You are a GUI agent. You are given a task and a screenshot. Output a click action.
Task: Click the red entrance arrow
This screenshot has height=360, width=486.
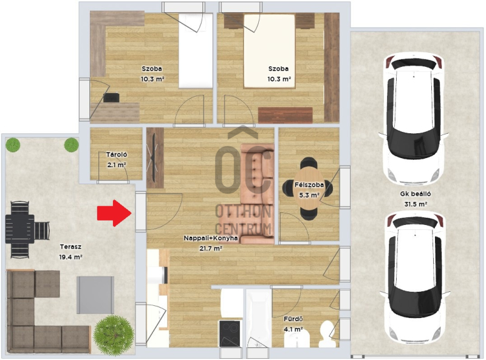click(115, 213)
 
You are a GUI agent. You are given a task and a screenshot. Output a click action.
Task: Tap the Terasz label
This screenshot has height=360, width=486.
click(70, 247)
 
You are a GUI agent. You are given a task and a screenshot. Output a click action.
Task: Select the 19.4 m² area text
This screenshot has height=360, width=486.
click(70, 257)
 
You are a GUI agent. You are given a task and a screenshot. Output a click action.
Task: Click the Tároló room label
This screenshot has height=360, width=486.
click(117, 154)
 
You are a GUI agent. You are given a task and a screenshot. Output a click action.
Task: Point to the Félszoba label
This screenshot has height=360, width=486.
click(309, 185)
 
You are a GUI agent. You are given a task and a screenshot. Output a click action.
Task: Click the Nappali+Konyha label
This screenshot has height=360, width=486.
click(211, 238)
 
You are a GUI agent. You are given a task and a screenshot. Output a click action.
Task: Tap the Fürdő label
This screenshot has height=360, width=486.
click(293, 319)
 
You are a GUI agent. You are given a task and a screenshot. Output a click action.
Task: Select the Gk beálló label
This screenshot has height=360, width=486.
click(416, 194)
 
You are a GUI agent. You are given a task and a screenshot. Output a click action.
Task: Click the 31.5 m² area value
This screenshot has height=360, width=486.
click(416, 204)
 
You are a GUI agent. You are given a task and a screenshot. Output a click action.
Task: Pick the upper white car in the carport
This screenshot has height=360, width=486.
click(414, 119)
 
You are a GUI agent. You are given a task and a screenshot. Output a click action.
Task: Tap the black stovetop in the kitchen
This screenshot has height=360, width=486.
click(230, 333)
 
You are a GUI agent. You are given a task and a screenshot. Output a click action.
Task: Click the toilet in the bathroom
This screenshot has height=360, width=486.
click(327, 334)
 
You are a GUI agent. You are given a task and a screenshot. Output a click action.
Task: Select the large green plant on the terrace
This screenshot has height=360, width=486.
click(114, 335)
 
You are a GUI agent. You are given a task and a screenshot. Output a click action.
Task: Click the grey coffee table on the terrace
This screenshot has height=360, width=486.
click(95, 295)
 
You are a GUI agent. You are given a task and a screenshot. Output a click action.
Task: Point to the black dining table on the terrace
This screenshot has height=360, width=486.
click(20, 229)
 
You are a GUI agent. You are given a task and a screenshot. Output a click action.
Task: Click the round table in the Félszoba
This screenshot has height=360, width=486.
click(309, 189)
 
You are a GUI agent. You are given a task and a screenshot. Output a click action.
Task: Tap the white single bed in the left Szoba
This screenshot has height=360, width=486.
click(196, 50)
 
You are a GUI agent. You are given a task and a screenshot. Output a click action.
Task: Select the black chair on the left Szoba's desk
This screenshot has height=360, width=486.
click(111, 97)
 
